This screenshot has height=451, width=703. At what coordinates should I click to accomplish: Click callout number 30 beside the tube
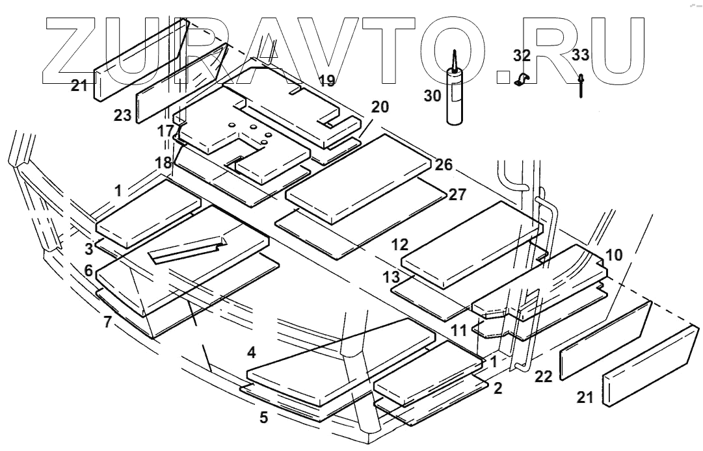pos(432,96)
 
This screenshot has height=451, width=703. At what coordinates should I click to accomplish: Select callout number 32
pos(522,55)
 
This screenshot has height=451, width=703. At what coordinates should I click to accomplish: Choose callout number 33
pos(581,55)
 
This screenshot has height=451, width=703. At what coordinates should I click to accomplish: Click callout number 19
pos(327,81)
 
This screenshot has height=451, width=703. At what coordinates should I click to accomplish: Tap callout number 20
pos(380,107)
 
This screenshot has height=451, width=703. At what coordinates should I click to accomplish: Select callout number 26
pos(444,164)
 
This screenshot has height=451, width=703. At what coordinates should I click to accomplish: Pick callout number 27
pos(457,194)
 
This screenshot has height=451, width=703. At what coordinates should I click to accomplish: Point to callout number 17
pos(165,131)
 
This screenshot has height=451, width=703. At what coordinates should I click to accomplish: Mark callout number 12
pos(400,245)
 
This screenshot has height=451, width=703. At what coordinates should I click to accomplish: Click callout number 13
pos(391,277)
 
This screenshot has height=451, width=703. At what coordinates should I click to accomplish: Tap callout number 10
pos(614,253)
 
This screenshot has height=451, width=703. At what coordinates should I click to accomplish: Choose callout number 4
pos(251,354)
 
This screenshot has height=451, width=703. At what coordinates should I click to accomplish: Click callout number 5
pos(263,417)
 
